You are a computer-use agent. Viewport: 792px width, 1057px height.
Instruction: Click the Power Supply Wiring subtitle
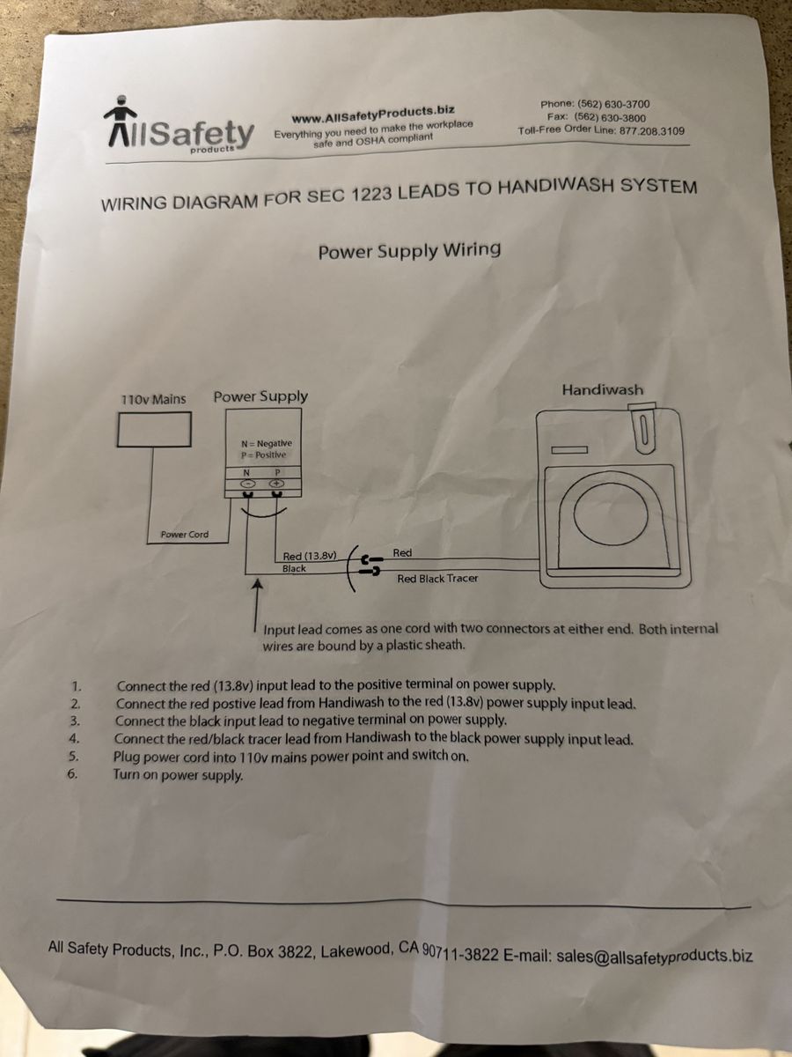pyautogui.click(x=409, y=250)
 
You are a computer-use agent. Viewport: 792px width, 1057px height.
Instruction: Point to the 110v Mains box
pyautogui.click(x=155, y=429)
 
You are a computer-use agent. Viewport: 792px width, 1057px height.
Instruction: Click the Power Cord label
pyautogui.click(x=185, y=535)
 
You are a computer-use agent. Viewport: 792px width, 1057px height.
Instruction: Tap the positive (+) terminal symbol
pyautogui.click(x=275, y=483)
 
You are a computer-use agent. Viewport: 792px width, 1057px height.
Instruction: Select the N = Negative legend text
pyautogui.click(x=260, y=443)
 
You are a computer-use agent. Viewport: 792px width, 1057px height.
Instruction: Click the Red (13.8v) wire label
pyautogui.click(x=312, y=556)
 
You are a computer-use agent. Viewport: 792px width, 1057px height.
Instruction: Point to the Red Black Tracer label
pyautogui.click(x=437, y=579)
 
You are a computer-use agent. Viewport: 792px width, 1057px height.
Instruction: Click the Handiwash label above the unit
pyautogui.click(x=602, y=389)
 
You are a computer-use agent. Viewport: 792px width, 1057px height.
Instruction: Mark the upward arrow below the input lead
pyautogui.click(x=256, y=608)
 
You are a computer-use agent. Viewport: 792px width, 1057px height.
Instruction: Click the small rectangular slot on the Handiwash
pyautogui.click(x=569, y=450)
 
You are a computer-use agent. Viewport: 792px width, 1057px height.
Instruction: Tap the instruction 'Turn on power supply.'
pyautogui.click(x=178, y=775)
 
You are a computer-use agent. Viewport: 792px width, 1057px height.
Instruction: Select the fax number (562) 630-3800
pyautogui.click(x=609, y=117)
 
